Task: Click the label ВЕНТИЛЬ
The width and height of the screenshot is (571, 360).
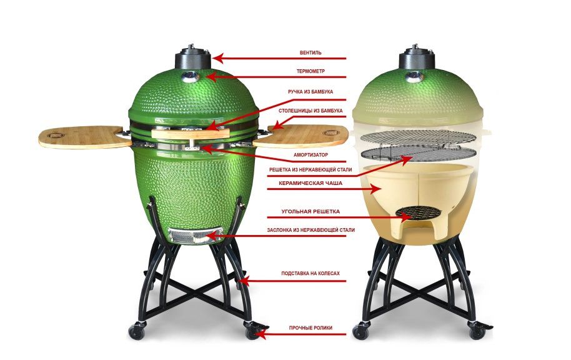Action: pyautogui.click(x=310, y=53)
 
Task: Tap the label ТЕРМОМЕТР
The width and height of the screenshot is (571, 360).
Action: pyautogui.click(x=310, y=71)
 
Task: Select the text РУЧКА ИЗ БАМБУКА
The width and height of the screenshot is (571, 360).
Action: pyautogui.click(x=310, y=92)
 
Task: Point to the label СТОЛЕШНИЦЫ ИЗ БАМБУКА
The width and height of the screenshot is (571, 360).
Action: pyautogui.click(x=310, y=111)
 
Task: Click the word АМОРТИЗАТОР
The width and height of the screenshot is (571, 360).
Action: pyautogui.click(x=310, y=155)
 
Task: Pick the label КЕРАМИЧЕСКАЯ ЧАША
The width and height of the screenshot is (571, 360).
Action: pyautogui.click(x=310, y=183)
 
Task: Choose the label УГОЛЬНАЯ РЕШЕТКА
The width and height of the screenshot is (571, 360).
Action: pyautogui.click(x=310, y=211)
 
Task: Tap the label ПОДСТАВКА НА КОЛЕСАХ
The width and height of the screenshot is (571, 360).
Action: pyautogui.click(x=310, y=273)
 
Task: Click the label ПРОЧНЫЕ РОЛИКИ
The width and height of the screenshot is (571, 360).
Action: pyautogui.click(x=310, y=328)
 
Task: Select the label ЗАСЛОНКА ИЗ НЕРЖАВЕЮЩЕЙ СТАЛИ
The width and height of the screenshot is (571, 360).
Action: pyautogui.click(x=310, y=230)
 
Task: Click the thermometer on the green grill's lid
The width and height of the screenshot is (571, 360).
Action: pyautogui.click(x=190, y=76)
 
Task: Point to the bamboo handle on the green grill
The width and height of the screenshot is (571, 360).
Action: pyautogui.click(x=190, y=133)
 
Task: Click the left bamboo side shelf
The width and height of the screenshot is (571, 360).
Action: pyautogui.click(x=84, y=137)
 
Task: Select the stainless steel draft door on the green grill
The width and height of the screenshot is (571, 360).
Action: pyautogui.click(x=196, y=235)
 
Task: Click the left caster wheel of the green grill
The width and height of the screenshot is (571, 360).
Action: pyautogui.click(x=137, y=332)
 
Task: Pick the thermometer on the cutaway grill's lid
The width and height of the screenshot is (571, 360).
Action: pyautogui.click(x=414, y=76)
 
